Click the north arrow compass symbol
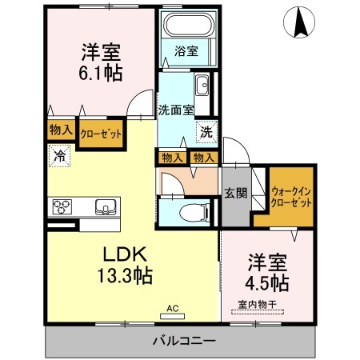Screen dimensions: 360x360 tap(299, 22)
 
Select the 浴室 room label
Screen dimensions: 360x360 tap(186, 51)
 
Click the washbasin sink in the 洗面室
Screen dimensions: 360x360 tap(202, 85)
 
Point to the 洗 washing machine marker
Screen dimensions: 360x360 tap(206, 132)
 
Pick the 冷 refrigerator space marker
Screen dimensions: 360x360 tap(59, 156)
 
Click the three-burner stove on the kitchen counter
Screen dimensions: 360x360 tap(62, 206)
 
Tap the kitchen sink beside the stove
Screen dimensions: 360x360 tap(106, 206)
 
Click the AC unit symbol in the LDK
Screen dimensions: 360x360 tap(172, 316)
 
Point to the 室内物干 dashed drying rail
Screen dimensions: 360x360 tap(258, 312)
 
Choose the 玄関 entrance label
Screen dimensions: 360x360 tap(235, 193)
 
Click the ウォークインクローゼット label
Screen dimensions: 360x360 tap(291, 197)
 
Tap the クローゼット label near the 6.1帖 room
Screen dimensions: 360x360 tap(101, 134)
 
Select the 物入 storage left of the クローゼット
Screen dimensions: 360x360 tap(61, 130)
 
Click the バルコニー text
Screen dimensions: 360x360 tap(184, 341)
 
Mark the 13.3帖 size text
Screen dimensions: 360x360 tap(125, 275)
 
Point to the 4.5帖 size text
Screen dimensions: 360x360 tap(266, 282)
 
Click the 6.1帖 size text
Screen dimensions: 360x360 tap(100, 73)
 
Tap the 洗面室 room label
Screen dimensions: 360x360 tap(176, 110)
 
